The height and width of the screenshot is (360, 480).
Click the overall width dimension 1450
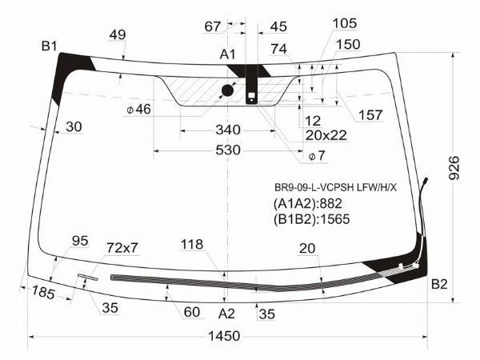pyautogui.click(x=224, y=336)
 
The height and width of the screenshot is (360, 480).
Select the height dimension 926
pyautogui.click(x=454, y=168)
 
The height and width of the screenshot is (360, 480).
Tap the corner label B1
pyautogui.click(x=50, y=46)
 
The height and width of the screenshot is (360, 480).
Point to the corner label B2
pyautogui.click(x=439, y=284)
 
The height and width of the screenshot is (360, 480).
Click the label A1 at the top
pyautogui.click(x=228, y=54)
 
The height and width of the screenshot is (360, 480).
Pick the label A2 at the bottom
pyautogui.click(x=226, y=314)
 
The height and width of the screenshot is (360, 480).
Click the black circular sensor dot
pyautogui.click(x=227, y=90)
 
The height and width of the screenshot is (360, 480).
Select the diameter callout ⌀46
pyautogui.click(x=139, y=109)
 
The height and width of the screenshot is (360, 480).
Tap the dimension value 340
pyautogui.click(x=228, y=130)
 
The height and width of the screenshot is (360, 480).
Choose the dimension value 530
pyautogui.click(x=228, y=150)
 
